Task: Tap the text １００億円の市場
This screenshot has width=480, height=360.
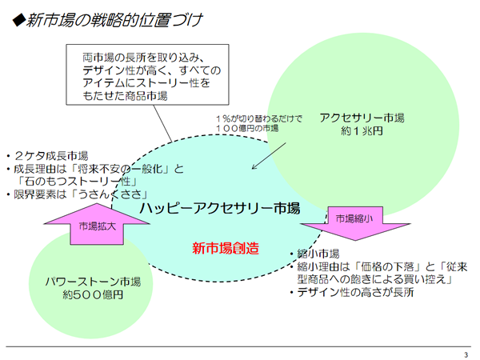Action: pyautogui.click(x=250, y=129)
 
